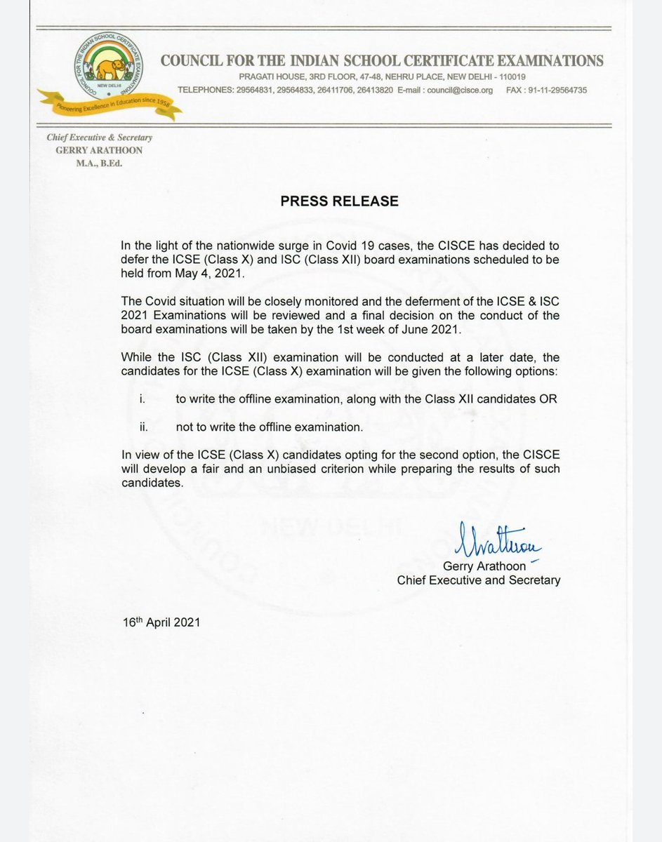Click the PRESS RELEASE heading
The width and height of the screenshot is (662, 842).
(340, 201)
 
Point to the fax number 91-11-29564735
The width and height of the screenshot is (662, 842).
(555, 90)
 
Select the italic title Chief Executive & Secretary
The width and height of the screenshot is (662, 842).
(99, 138)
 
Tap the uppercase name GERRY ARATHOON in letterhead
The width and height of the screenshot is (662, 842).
(99, 151)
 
